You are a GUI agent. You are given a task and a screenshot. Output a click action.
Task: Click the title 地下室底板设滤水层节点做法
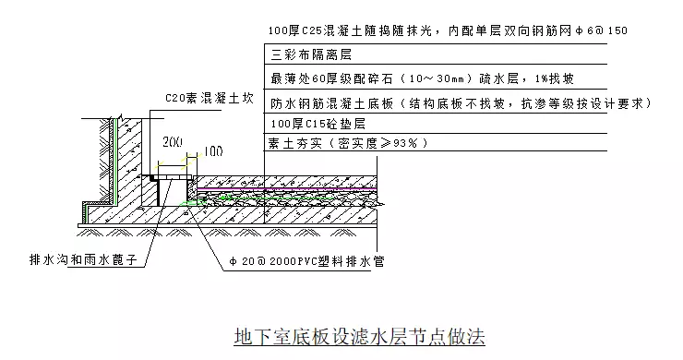click(359, 337)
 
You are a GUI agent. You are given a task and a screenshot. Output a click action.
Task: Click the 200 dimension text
click(173, 142)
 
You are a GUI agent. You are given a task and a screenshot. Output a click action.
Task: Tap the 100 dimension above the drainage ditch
click(213, 151)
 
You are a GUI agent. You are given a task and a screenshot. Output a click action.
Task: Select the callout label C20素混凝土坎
click(210, 98)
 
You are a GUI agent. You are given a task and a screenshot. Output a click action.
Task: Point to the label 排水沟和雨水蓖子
click(83, 259)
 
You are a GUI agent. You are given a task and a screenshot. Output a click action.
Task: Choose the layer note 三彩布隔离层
click(311, 54)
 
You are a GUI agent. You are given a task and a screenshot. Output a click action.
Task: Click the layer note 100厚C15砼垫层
click(318, 124)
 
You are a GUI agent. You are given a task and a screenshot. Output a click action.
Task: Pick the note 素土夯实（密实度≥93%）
click(348, 143)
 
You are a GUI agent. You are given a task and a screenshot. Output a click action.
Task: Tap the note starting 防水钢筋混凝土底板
click(461, 103)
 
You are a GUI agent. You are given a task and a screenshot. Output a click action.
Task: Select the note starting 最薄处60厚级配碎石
click(422, 78)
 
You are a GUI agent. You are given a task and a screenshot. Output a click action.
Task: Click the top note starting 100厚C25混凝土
click(448, 30)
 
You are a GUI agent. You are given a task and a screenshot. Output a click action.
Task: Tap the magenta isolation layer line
click(287, 189)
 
